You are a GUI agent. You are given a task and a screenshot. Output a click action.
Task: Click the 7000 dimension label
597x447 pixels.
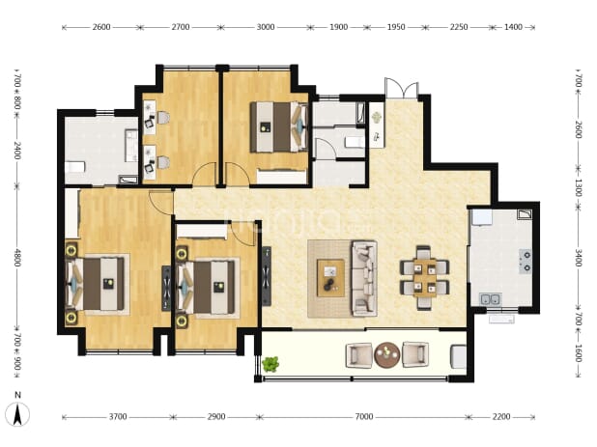(x=364, y=417)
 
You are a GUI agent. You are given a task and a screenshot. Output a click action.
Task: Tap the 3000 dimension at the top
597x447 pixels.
(x=266, y=27)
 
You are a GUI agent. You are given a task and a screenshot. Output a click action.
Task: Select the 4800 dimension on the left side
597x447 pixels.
(x=17, y=258)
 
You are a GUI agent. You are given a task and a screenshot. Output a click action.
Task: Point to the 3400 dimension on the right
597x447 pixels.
(x=578, y=258)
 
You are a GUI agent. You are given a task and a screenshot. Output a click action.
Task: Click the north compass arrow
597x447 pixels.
(x=17, y=415)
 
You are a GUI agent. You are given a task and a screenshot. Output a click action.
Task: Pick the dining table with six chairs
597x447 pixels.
(x=424, y=277)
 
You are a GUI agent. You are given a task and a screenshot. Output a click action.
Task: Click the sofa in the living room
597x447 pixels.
(x=364, y=278)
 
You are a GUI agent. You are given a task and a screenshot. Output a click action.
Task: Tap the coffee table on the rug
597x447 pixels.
(x=330, y=278)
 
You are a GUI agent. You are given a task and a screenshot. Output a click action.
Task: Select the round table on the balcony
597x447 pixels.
(x=386, y=355)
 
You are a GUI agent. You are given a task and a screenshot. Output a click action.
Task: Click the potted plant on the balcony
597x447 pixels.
(x=270, y=364)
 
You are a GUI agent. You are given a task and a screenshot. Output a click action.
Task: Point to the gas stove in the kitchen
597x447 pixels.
(x=526, y=262)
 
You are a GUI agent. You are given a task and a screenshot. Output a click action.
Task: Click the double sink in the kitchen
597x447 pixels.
(x=490, y=299)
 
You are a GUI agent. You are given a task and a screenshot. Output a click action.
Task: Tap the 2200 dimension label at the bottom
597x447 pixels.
(x=501, y=417)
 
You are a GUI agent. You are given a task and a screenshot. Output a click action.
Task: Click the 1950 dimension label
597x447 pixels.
(x=396, y=27)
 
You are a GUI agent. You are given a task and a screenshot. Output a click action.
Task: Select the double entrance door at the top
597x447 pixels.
(x=401, y=88)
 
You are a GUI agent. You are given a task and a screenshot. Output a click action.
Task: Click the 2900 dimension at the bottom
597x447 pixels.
(x=215, y=417)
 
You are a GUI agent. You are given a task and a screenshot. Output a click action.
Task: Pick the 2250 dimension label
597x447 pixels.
(x=459, y=27)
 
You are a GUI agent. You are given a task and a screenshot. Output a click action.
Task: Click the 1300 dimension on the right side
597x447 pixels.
(x=578, y=187)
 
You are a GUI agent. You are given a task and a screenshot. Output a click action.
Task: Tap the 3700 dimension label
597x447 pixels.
(x=118, y=417)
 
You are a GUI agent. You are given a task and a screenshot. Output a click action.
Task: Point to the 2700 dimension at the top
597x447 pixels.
(x=180, y=27)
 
